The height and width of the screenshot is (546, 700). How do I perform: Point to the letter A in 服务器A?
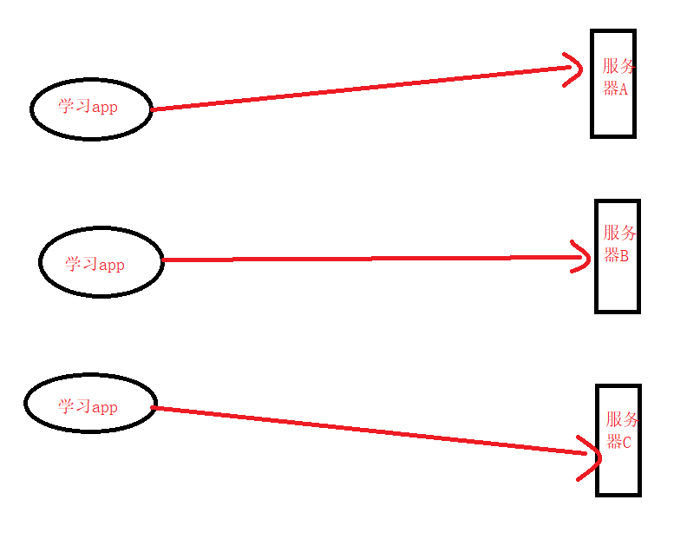click(622, 89)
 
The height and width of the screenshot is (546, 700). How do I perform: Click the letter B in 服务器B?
click(623, 256)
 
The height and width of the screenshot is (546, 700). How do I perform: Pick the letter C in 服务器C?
click(625, 442)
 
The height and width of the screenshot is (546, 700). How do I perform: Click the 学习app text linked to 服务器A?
click(88, 107)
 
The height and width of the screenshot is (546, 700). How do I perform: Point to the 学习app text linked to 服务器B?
click(95, 264)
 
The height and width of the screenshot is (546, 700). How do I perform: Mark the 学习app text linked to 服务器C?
click(88, 406)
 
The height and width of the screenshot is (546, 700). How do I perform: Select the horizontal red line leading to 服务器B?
click(364, 259)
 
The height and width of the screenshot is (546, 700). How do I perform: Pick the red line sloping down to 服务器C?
click(364, 428)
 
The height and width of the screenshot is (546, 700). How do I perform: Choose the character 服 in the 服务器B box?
click(612, 233)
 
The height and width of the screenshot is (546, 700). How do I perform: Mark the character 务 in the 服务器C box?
click(630, 420)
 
